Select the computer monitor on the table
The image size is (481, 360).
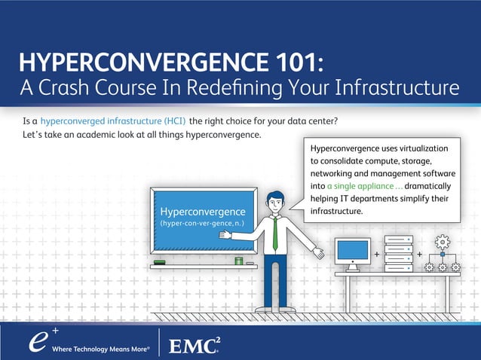point(352,251)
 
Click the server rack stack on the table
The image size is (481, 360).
point(397,254)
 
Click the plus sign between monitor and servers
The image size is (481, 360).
point(376,254)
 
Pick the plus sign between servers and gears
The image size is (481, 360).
point(419,254)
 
